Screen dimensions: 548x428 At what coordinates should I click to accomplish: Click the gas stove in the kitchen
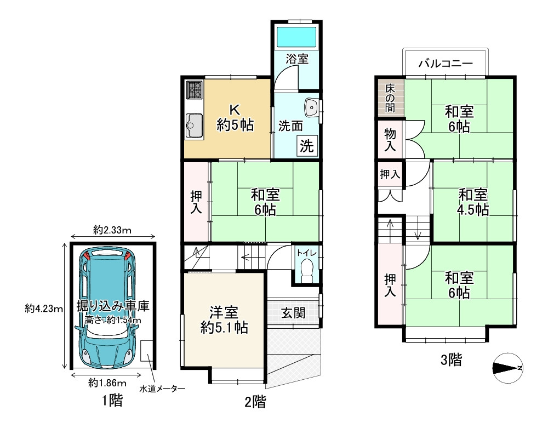195,90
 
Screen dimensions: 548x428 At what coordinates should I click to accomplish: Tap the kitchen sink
194,126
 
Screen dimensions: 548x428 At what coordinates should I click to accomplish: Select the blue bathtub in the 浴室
296,37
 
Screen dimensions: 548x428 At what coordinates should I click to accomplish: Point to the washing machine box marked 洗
307,145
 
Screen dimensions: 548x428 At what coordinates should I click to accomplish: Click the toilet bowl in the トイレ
306,270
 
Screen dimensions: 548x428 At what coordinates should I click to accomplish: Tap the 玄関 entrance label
293,313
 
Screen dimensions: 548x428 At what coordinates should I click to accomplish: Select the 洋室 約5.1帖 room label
224,320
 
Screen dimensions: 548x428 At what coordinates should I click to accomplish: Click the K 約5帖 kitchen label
235,117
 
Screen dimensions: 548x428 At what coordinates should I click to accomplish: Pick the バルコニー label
446,63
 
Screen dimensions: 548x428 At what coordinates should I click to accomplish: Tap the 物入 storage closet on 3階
390,139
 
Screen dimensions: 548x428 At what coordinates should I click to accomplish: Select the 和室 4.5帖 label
473,202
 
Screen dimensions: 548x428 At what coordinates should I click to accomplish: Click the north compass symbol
507,368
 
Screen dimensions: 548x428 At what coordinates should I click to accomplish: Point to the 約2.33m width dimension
112,230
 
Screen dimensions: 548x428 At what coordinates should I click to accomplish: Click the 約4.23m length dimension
44,309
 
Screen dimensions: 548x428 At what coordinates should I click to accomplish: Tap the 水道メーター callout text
162,389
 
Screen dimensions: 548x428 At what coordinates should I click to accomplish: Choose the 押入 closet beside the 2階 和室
196,202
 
